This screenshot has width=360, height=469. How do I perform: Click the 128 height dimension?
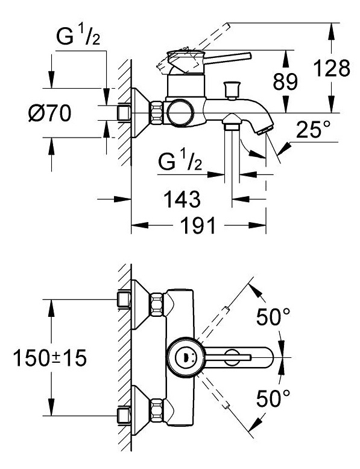tap(332, 68)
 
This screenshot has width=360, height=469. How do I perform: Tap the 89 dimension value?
tap(285, 81)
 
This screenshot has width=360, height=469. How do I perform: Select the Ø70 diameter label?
tap(50, 113)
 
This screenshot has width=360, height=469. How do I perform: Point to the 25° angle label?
tap(313, 130)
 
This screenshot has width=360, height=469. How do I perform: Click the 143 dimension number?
tap(182, 199)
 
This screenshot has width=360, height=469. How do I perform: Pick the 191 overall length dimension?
tap(198, 225)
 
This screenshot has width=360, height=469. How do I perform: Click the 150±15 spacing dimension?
tap(50, 358)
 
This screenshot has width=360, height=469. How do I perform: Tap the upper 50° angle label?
tap(273, 317)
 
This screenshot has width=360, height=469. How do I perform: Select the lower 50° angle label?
tap(273, 398)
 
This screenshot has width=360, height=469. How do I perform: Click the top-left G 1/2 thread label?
tap(78, 37)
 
